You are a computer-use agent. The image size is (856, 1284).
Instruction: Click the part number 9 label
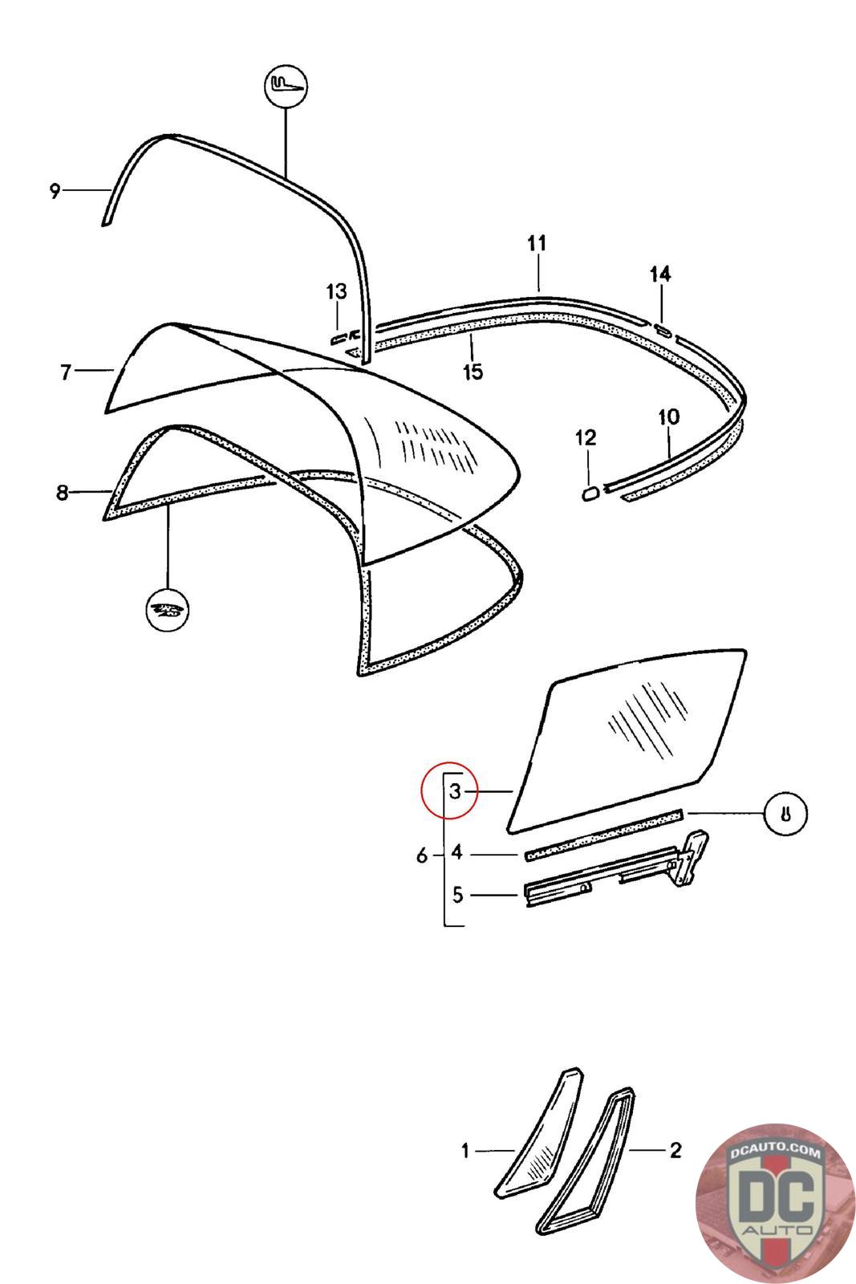point(55,191)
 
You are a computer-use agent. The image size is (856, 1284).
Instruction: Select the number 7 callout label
point(67,372)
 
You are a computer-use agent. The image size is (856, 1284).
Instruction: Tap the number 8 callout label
point(63,492)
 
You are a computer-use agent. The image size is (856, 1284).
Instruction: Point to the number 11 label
point(537,243)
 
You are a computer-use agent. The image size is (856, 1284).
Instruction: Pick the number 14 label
point(660,274)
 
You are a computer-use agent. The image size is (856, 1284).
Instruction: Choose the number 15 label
point(473,372)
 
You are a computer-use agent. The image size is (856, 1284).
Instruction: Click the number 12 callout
point(586,437)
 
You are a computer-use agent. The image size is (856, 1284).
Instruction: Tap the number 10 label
point(668,416)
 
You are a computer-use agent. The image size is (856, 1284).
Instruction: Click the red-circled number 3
point(454,791)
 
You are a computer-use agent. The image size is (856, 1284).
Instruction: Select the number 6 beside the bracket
point(423,856)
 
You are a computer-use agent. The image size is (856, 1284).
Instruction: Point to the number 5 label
point(457,894)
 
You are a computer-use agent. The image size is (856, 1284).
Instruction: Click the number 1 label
point(465,1152)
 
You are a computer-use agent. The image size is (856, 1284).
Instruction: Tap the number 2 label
point(675,1151)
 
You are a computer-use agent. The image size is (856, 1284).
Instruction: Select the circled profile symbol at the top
point(286,85)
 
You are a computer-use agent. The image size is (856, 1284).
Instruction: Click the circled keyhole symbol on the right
point(785,814)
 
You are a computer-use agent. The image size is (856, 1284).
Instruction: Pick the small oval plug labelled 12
point(590,493)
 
